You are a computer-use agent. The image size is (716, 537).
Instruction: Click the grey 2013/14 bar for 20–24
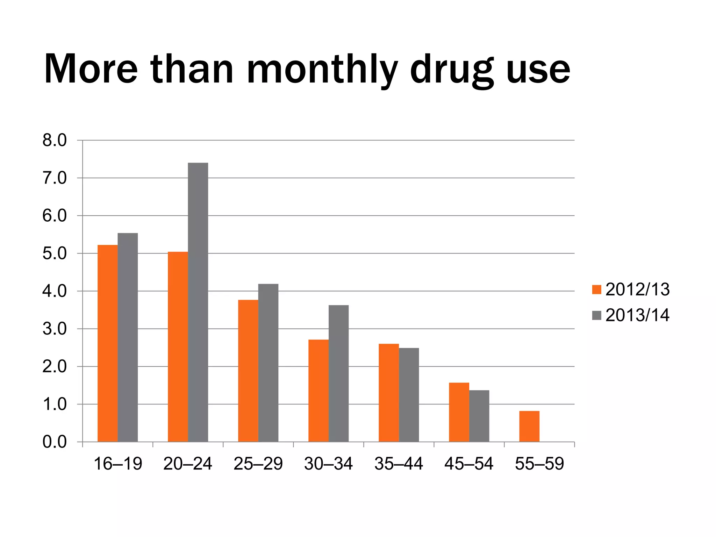click(x=198, y=302)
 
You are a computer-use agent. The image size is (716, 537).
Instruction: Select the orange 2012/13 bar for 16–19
click(x=108, y=343)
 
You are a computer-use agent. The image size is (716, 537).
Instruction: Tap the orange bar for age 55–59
click(x=529, y=426)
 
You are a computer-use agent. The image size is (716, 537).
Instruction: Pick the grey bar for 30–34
click(x=338, y=373)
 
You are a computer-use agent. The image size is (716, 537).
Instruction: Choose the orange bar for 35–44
click(x=389, y=393)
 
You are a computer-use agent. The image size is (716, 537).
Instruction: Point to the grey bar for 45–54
click(x=479, y=416)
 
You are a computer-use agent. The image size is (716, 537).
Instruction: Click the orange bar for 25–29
click(x=248, y=371)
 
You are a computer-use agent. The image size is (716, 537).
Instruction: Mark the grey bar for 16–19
click(x=128, y=337)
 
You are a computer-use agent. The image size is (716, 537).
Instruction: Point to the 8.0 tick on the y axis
click(x=55, y=141)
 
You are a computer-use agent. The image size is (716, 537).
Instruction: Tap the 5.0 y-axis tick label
click(x=55, y=253)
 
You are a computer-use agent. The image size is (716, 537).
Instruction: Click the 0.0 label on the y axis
click(x=55, y=442)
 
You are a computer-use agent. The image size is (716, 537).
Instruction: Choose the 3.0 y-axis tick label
click(x=55, y=329)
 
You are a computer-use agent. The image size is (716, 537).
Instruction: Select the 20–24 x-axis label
click(x=188, y=464)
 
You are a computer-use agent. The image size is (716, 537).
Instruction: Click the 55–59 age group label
click(x=539, y=464)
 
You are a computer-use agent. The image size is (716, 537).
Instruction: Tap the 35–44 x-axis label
click(x=399, y=464)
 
